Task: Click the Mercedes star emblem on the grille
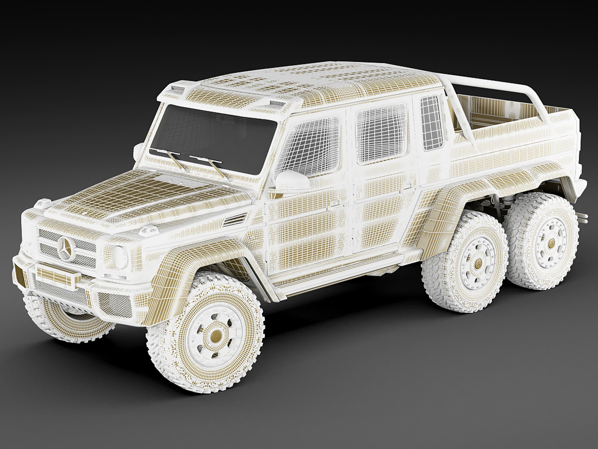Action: [x=66, y=248]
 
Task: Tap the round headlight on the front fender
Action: [x=119, y=258]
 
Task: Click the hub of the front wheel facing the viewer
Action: [x=216, y=336]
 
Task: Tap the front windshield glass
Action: [x=213, y=138]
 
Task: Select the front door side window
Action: [x=309, y=145]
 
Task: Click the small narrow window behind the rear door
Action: [x=431, y=122]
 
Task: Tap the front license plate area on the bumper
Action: [x=56, y=276]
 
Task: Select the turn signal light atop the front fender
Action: [x=149, y=231]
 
